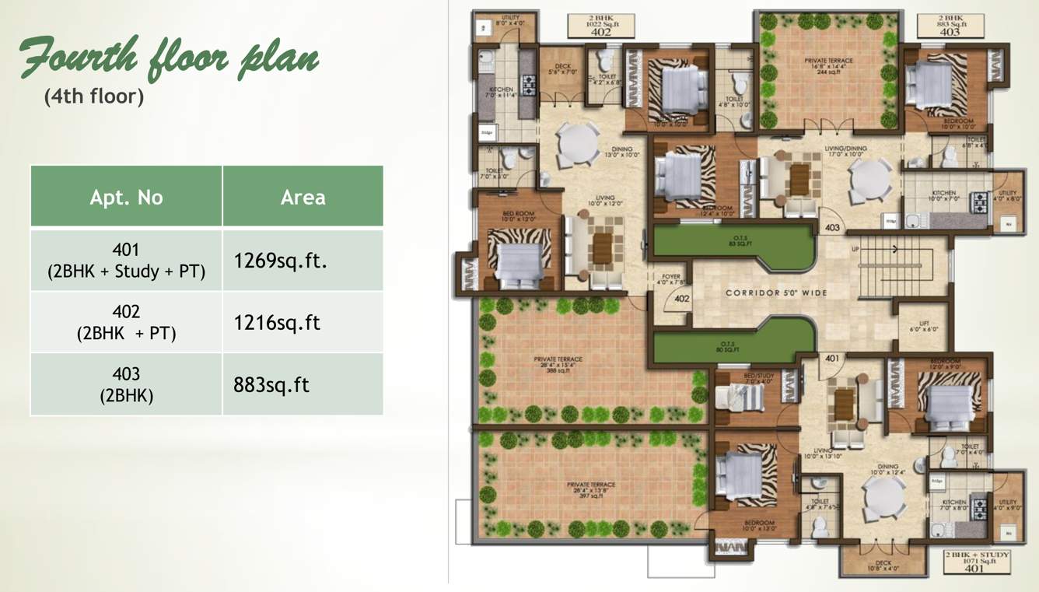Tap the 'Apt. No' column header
point(126,197)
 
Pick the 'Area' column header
point(303,197)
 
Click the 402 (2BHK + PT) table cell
point(126,322)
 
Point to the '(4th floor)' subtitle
point(94,96)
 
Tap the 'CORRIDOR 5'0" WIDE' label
point(776,293)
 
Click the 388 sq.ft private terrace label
point(558,364)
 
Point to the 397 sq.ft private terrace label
point(590,489)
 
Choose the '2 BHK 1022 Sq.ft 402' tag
point(600,26)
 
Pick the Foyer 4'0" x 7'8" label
point(670,279)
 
